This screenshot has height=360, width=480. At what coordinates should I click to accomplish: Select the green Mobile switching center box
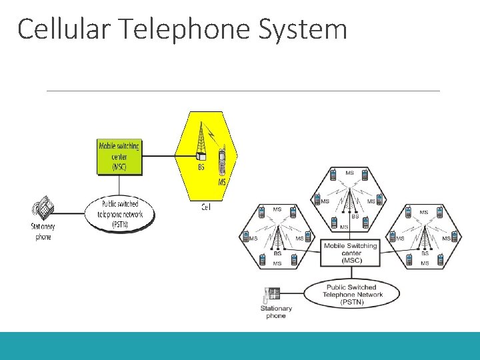pyautogui.click(x=119, y=156)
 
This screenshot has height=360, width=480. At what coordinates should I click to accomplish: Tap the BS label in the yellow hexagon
pyautogui.click(x=201, y=167)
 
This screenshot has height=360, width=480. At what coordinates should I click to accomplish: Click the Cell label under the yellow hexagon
pyautogui.click(x=206, y=207)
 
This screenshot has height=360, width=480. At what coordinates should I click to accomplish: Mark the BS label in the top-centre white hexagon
pyautogui.click(x=355, y=217)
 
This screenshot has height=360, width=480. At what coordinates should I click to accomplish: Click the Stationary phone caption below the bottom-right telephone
pyautogui.click(x=276, y=312)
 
